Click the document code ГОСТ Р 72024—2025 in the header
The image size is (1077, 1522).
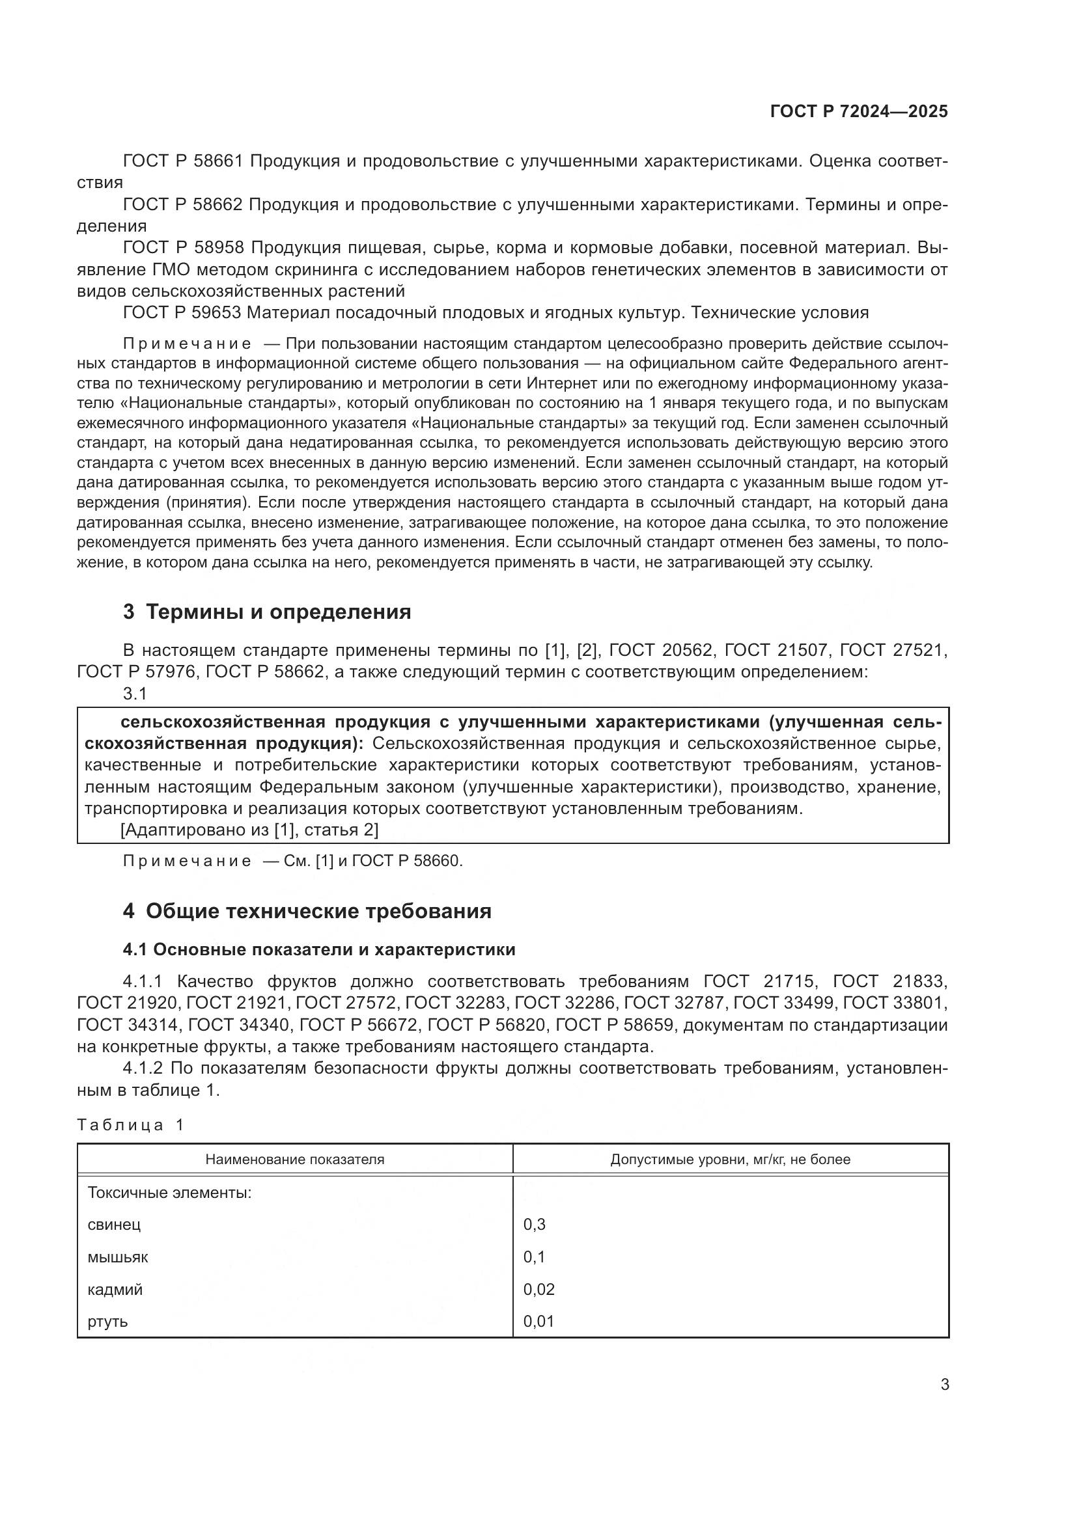tap(859, 111)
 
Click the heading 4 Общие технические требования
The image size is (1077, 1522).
tap(307, 911)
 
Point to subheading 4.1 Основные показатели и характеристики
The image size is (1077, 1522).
tap(318, 949)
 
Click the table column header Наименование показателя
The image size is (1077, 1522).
tap(294, 1159)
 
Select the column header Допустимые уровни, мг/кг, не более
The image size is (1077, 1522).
tap(729, 1159)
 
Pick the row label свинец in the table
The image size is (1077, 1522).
tap(114, 1225)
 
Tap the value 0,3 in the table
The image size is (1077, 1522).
tap(534, 1225)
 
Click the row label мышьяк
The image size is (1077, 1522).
tap(117, 1257)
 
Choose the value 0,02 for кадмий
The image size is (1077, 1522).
tap(538, 1289)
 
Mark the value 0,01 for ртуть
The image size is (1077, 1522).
tap(538, 1321)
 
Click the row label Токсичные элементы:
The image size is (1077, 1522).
tap(169, 1193)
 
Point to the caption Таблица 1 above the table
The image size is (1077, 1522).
tap(130, 1125)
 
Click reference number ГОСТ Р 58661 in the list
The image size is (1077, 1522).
tap(183, 161)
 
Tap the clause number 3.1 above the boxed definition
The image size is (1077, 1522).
tap(135, 694)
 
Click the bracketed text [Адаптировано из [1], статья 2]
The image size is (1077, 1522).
tap(249, 830)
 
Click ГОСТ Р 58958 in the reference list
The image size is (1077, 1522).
tap(184, 248)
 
